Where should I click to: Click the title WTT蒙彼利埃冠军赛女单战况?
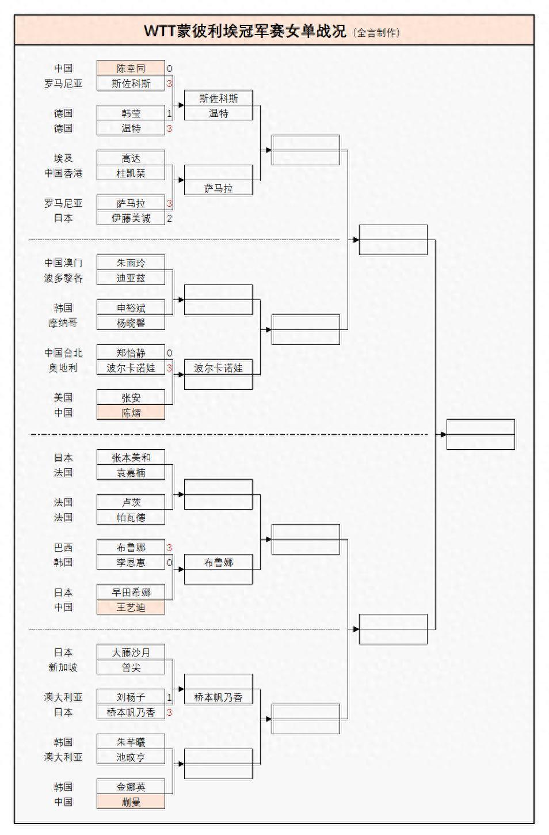pos(245,31)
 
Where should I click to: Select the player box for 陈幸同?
pos(131,69)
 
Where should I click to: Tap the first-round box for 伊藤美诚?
pos(131,218)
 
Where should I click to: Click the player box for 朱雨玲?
pos(131,263)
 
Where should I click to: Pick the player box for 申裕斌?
pos(131,308)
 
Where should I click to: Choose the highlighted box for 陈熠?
pos(131,413)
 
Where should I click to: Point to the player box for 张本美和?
pos(131,458)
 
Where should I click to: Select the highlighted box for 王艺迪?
pos(131,608)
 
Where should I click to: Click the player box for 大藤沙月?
pos(131,652)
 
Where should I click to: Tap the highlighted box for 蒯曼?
pos(131,802)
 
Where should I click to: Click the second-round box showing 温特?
pos(218,113)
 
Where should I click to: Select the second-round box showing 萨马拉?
pos(218,188)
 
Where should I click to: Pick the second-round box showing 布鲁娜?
pos(218,563)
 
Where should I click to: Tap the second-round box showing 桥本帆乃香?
pos(218,697)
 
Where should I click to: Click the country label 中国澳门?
pos(63,263)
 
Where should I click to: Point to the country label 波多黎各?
pos(63,278)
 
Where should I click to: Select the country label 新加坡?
pos(63,667)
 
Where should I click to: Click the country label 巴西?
pos(63,548)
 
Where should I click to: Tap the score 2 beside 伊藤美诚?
pos(170,218)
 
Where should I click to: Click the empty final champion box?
pos(481,435)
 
